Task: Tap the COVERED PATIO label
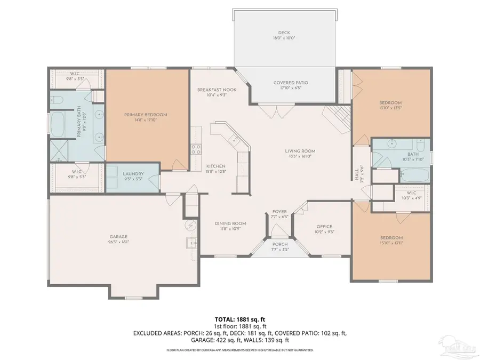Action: click(291, 83)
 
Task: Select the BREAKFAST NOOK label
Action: click(217, 89)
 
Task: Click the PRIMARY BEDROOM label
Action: click(146, 115)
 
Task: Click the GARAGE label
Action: click(119, 237)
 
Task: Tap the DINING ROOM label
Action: click(230, 223)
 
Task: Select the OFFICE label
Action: click(324, 227)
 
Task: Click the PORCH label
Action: click(279, 244)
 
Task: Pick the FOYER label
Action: click(280, 211)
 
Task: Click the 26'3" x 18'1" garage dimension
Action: click(119, 242)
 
